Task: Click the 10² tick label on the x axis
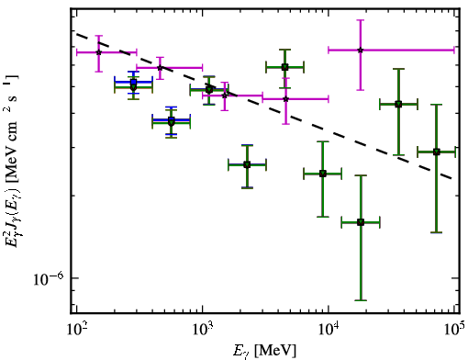pos(76,329)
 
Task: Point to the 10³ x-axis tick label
pos(202,329)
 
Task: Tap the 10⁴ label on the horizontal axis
pos(329,329)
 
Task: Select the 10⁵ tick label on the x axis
pos(455,329)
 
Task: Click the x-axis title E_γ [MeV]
pos(264,351)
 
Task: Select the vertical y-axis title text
pos(12,161)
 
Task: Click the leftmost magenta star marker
pos(98,52)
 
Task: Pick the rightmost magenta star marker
pos(361,50)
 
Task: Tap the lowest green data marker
pos(361,222)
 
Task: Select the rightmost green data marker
pos(437,152)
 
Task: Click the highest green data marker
pos(284,67)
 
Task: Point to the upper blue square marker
pos(133,82)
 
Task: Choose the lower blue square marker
pos(172,119)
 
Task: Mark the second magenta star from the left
pos(160,68)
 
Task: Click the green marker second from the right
pos(398,105)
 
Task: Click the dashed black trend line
pos(264,106)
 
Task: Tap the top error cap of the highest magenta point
pos(361,20)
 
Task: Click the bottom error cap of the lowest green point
pos(361,300)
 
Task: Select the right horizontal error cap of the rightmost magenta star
pos(454,50)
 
